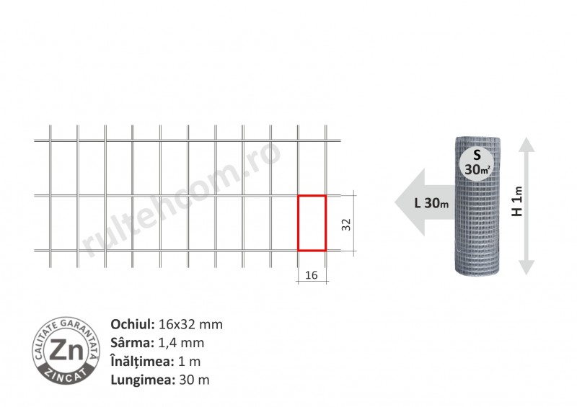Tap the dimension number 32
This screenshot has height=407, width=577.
pos(346,224)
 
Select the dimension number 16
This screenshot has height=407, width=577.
pos(312,275)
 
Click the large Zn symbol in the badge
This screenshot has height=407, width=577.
pos(66,349)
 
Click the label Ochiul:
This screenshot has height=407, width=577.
pos(133,324)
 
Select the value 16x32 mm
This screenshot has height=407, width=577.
pos(190,324)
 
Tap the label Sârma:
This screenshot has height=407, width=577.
pos(133,343)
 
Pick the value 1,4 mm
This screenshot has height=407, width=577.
pos(181,343)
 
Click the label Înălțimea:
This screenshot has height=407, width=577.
pos(142,361)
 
